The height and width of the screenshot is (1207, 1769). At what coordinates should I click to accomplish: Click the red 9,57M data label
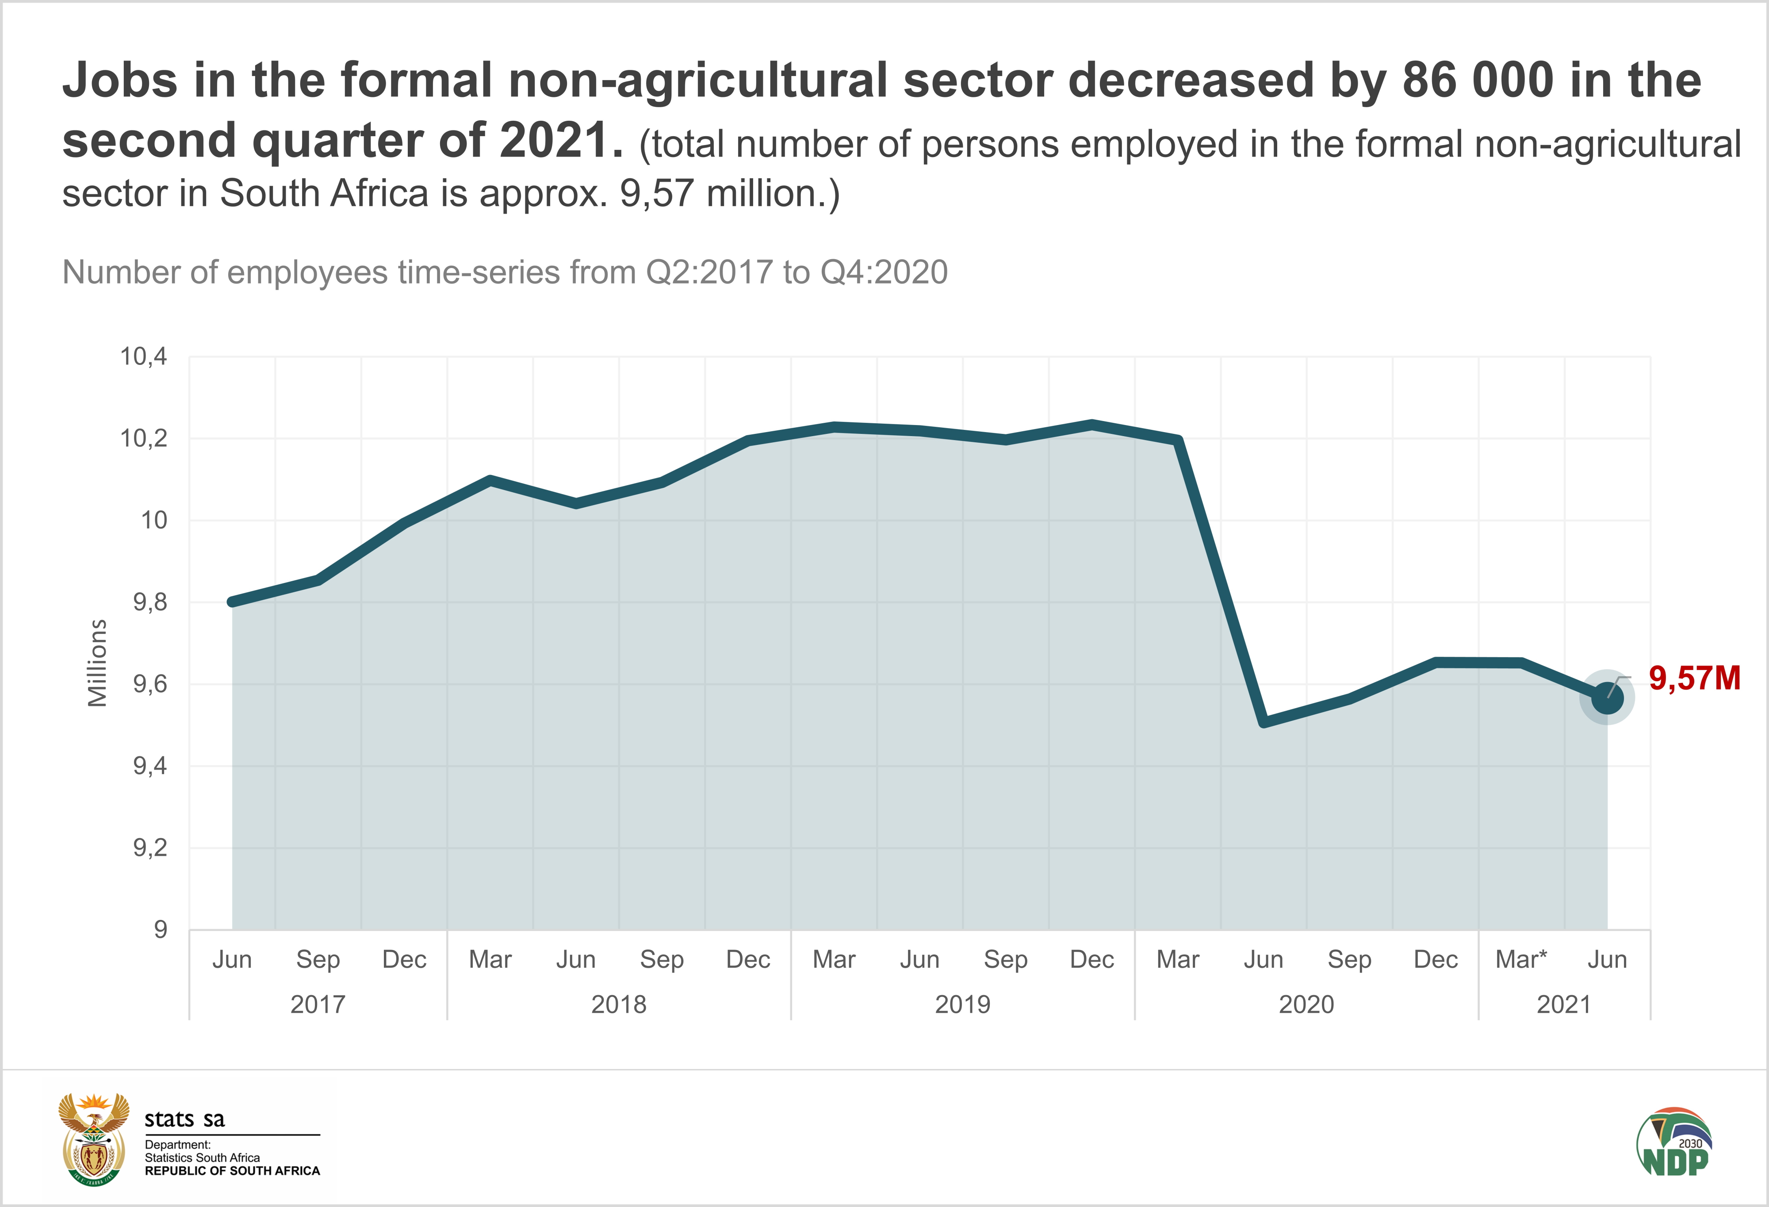pyautogui.click(x=1694, y=678)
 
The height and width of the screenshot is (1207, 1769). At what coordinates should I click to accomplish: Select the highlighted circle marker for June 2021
pyautogui.click(x=1607, y=697)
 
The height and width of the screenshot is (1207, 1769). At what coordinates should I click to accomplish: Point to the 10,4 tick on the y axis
pyautogui.click(x=143, y=356)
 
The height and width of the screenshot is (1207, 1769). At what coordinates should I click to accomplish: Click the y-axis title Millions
pyautogui.click(x=97, y=662)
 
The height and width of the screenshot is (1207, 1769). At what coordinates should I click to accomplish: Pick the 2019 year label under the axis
pyautogui.click(x=962, y=1004)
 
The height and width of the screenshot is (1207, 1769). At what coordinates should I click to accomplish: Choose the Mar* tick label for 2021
pyautogui.click(x=1521, y=960)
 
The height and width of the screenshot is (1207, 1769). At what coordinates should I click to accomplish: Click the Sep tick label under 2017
pyautogui.click(x=318, y=960)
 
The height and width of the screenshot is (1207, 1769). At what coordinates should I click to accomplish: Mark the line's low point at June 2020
pyautogui.click(x=1264, y=721)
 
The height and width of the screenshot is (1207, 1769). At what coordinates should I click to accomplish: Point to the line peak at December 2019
pyautogui.click(x=1091, y=425)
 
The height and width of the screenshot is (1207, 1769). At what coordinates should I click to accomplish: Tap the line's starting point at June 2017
pyautogui.click(x=232, y=602)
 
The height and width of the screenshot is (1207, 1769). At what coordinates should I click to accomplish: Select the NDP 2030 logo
pyautogui.click(x=1675, y=1142)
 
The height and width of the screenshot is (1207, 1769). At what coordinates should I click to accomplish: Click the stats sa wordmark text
pyautogui.click(x=184, y=1119)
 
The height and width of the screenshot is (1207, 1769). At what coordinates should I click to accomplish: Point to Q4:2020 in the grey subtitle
pyautogui.click(x=884, y=272)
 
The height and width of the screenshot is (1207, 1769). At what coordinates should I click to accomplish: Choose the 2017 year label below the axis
pyautogui.click(x=318, y=1004)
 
